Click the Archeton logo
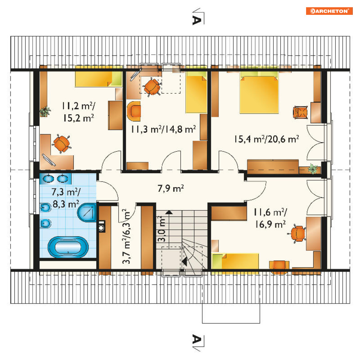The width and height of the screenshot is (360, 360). tap(329, 11)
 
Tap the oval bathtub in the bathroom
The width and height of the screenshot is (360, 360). tap(68, 247)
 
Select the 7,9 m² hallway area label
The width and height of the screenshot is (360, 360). tap(170, 189)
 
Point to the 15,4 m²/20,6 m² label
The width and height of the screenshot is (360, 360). tap(267, 139)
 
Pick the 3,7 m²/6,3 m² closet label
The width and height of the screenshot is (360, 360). tap(127, 236)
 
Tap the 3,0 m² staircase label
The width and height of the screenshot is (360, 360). tap(162, 229)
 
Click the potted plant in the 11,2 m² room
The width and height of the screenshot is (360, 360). tap(45, 111)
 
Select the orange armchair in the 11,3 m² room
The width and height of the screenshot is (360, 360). tap(134, 111)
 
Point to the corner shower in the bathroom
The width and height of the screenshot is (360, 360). tap(87, 212)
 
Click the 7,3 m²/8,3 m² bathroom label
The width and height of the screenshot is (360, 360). tap(66, 198)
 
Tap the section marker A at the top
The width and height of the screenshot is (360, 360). tap(197, 20)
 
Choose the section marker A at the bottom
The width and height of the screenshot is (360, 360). tap(197, 339)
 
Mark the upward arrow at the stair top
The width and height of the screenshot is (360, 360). tap(169, 212)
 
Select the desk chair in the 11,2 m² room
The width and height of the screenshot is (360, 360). tap(62, 144)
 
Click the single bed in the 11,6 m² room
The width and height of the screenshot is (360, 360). tap(235, 261)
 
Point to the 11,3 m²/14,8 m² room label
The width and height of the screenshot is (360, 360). tap(164, 129)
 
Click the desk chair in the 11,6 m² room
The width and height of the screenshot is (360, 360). tap(298, 234)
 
